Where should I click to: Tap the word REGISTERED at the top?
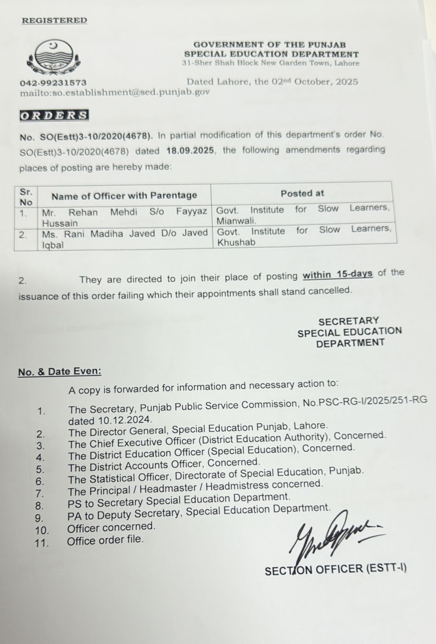click(54, 21)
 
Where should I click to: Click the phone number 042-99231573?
click(53, 83)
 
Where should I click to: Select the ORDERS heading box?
click(54, 116)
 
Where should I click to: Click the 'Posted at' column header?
click(302, 193)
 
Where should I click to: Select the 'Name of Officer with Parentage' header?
click(124, 196)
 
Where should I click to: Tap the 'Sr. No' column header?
click(26, 197)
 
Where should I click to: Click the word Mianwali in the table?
click(236, 221)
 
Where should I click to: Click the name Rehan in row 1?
click(83, 213)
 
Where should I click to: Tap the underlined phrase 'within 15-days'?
click(337, 275)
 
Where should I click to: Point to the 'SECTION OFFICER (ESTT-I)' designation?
click(335, 569)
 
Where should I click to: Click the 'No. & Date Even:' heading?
click(60, 371)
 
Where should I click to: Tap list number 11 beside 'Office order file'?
click(41, 543)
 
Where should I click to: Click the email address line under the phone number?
click(115, 92)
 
